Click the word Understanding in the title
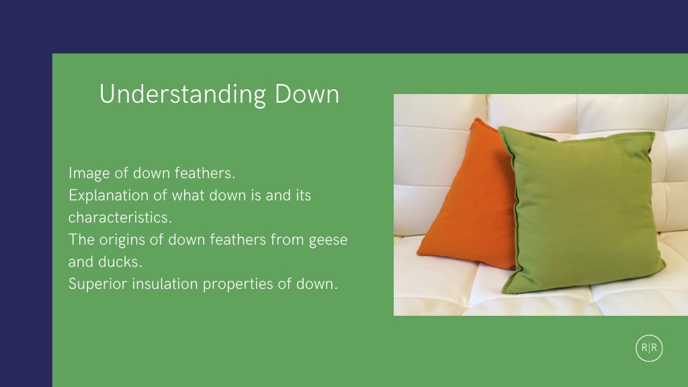click(x=183, y=94)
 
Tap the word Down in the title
click(x=306, y=94)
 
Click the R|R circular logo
click(x=649, y=348)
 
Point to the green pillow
click(x=581, y=210)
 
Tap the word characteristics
click(x=120, y=217)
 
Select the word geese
click(x=328, y=241)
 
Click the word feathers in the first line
click(x=205, y=173)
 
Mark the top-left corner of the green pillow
click(x=500, y=128)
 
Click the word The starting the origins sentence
click(x=81, y=240)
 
